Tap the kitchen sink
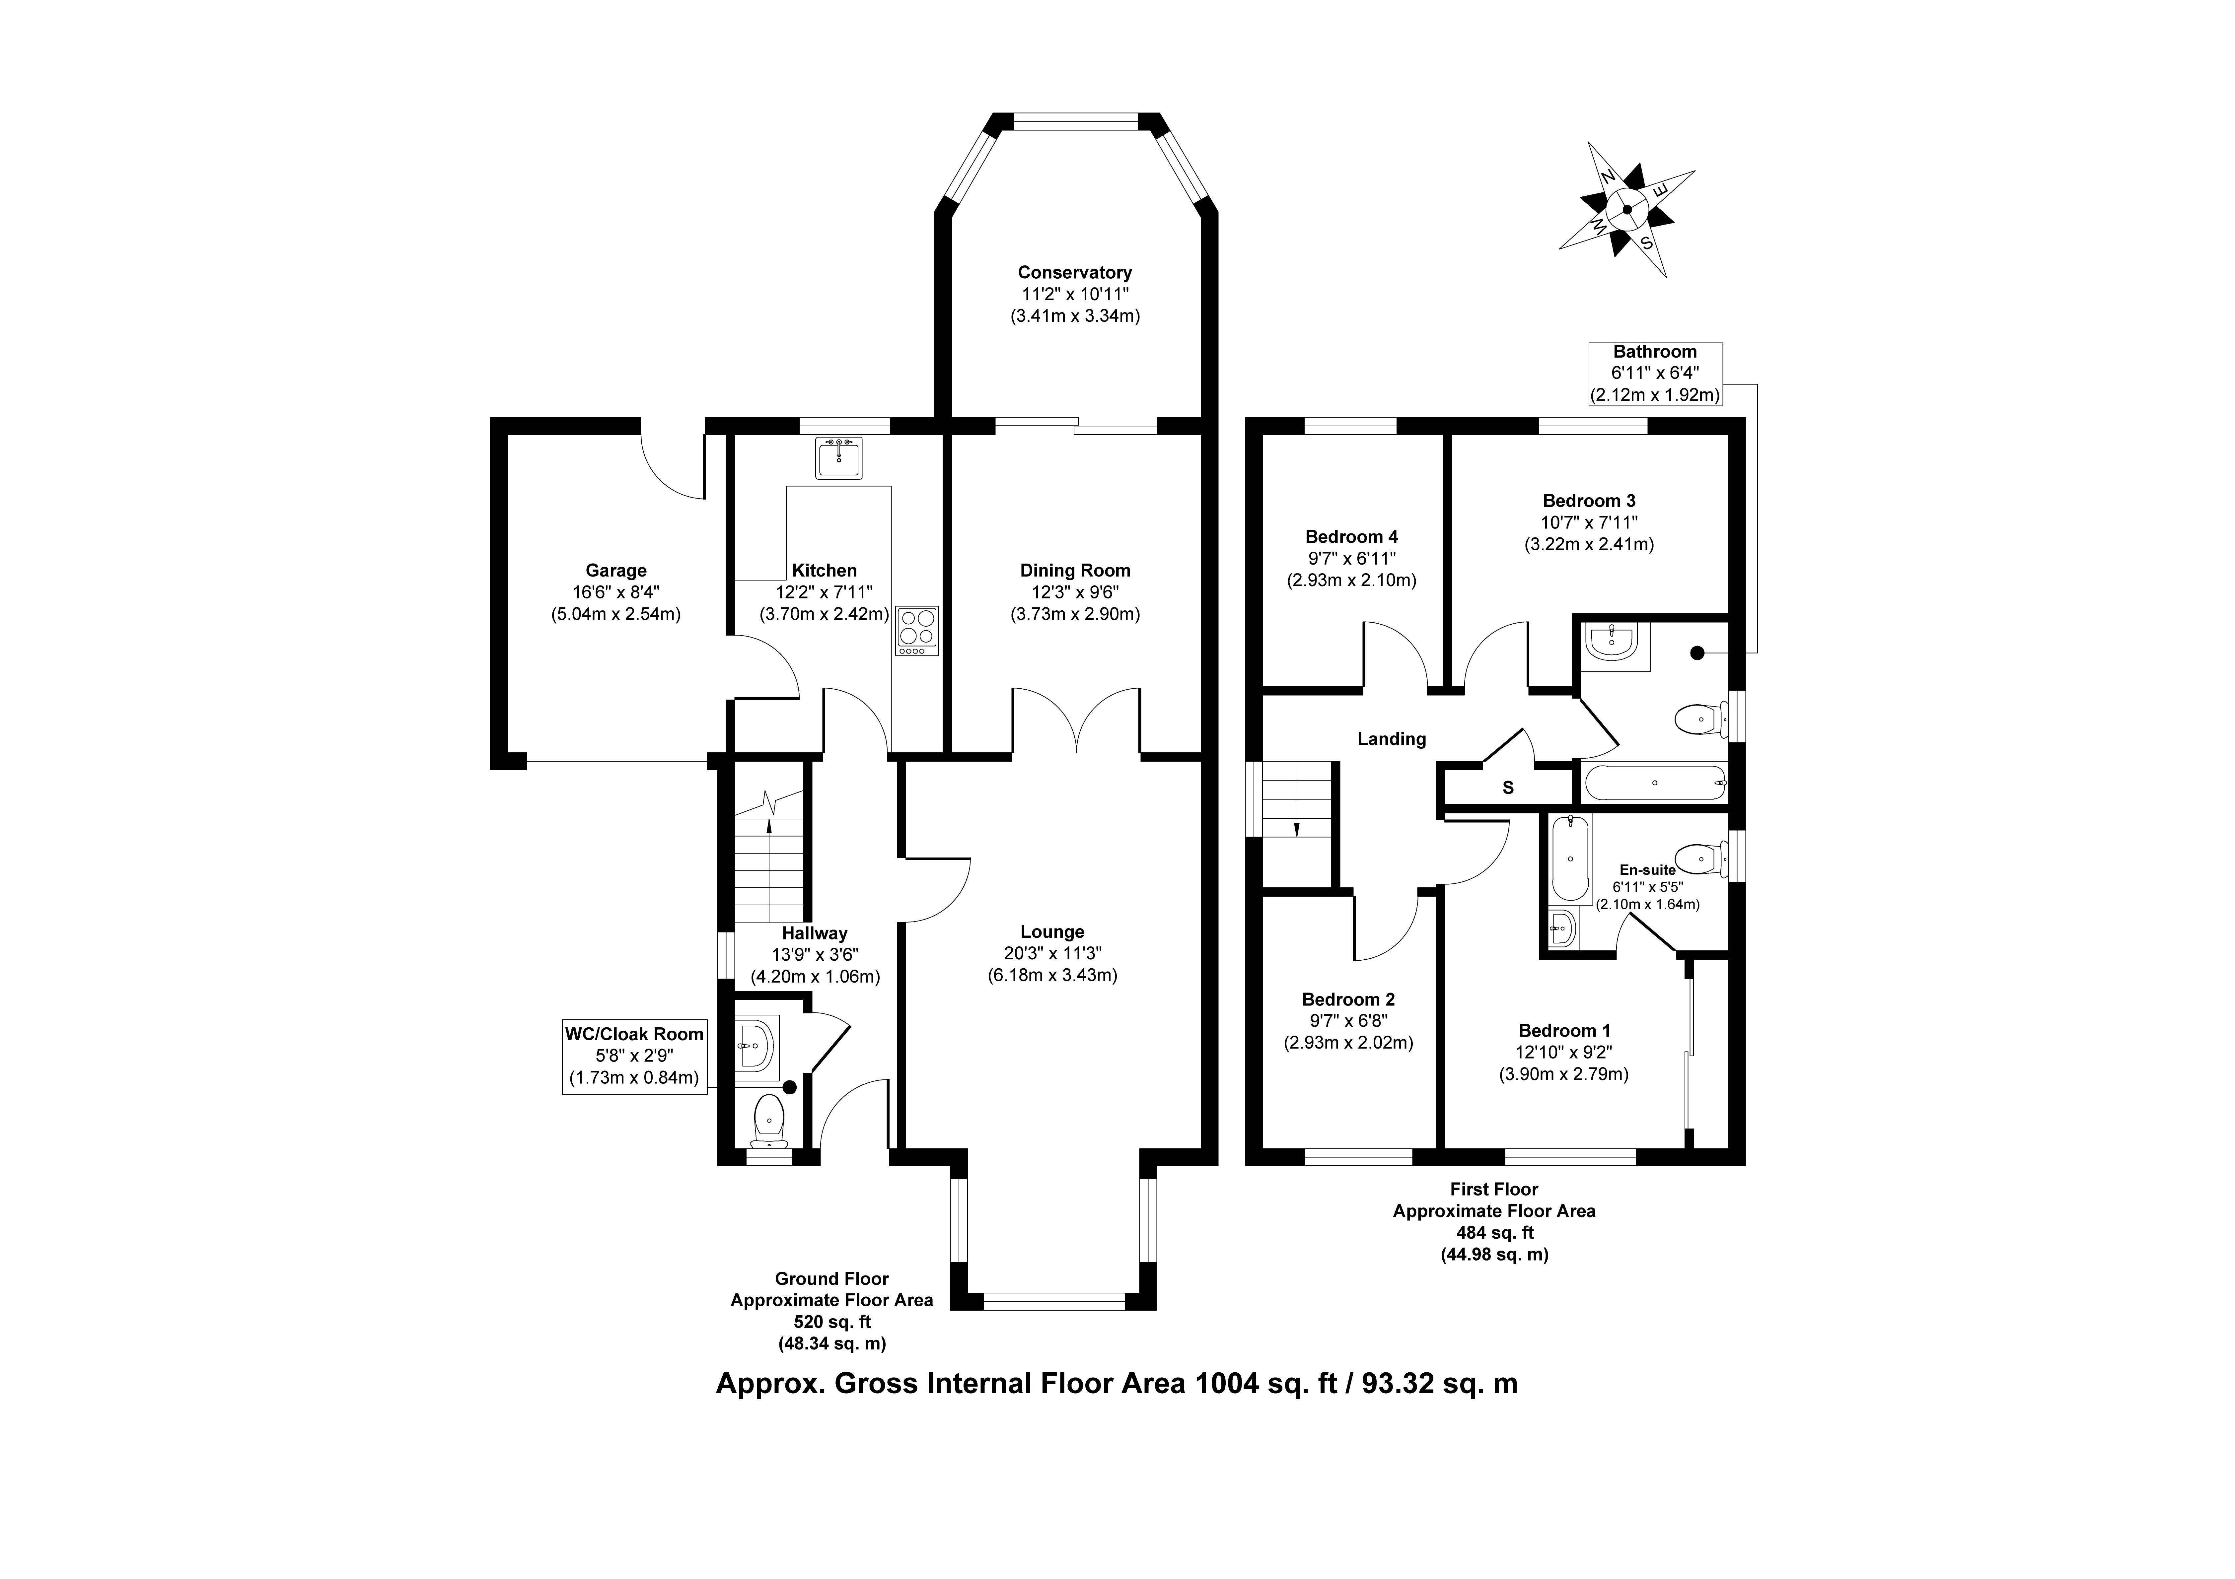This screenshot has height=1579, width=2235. [838, 457]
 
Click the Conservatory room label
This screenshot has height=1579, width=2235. [1075, 273]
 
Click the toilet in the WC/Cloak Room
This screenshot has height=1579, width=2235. [769, 1120]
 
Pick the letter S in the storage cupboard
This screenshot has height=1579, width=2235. [1508, 788]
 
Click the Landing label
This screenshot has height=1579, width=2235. [1391, 739]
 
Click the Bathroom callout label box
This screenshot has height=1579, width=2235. [1655, 373]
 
